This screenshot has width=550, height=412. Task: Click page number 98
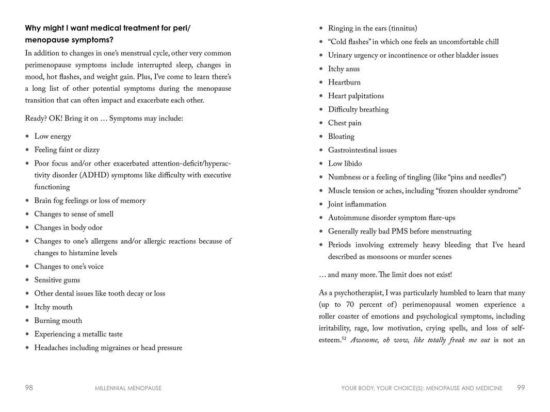[x=29, y=388]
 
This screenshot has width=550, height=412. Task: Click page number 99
[x=521, y=388]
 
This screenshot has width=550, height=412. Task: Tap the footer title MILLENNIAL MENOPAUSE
[x=128, y=388]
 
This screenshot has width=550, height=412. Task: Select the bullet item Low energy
[x=53, y=137]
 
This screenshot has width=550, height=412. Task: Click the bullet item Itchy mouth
[x=53, y=307]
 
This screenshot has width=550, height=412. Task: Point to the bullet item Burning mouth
[x=58, y=321]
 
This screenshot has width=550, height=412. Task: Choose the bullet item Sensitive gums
[x=57, y=281]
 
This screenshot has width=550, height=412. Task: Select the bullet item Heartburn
[x=344, y=83]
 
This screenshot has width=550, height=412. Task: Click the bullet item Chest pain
[x=345, y=123]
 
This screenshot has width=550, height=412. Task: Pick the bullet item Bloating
[x=341, y=137]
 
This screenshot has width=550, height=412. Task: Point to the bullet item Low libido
[x=345, y=164]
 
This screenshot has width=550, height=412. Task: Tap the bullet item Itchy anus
[x=344, y=69]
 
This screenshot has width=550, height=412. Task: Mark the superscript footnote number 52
[x=344, y=339]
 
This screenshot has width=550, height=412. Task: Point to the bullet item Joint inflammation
[x=357, y=205]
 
